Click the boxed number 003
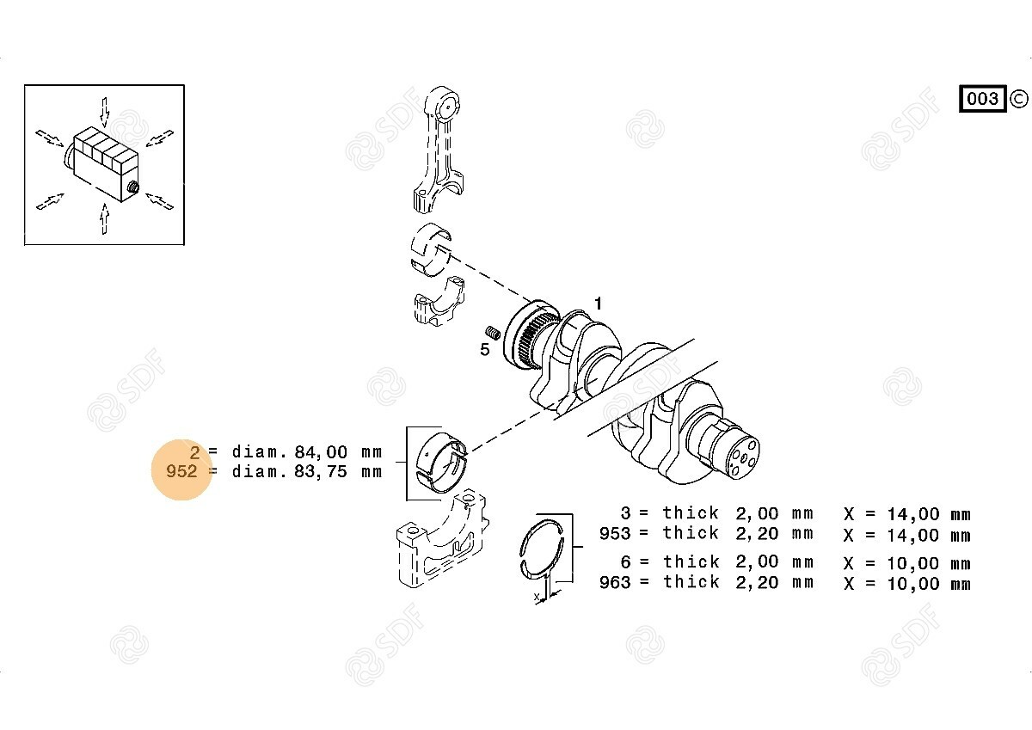pyautogui.click(x=982, y=99)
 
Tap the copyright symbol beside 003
pyautogui.click(x=1018, y=99)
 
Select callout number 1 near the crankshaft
pyautogui.click(x=598, y=304)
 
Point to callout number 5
pyautogui.click(x=485, y=350)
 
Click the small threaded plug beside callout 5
pyautogui.click(x=493, y=332)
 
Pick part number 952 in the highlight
pyautogui.click(x=181, y=471)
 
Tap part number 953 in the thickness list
pyautogui.click(x=615, y=533)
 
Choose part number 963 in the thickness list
pyautogui.click(x=615, y=582)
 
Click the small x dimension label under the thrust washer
pyautogui.click(x=537, y=597)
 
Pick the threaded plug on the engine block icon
pyautogui.click(x=133, y=187)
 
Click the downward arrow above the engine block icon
pyautogui.click(x=105, y=112)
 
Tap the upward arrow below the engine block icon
pyautogui.click(x=105, y=219)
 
